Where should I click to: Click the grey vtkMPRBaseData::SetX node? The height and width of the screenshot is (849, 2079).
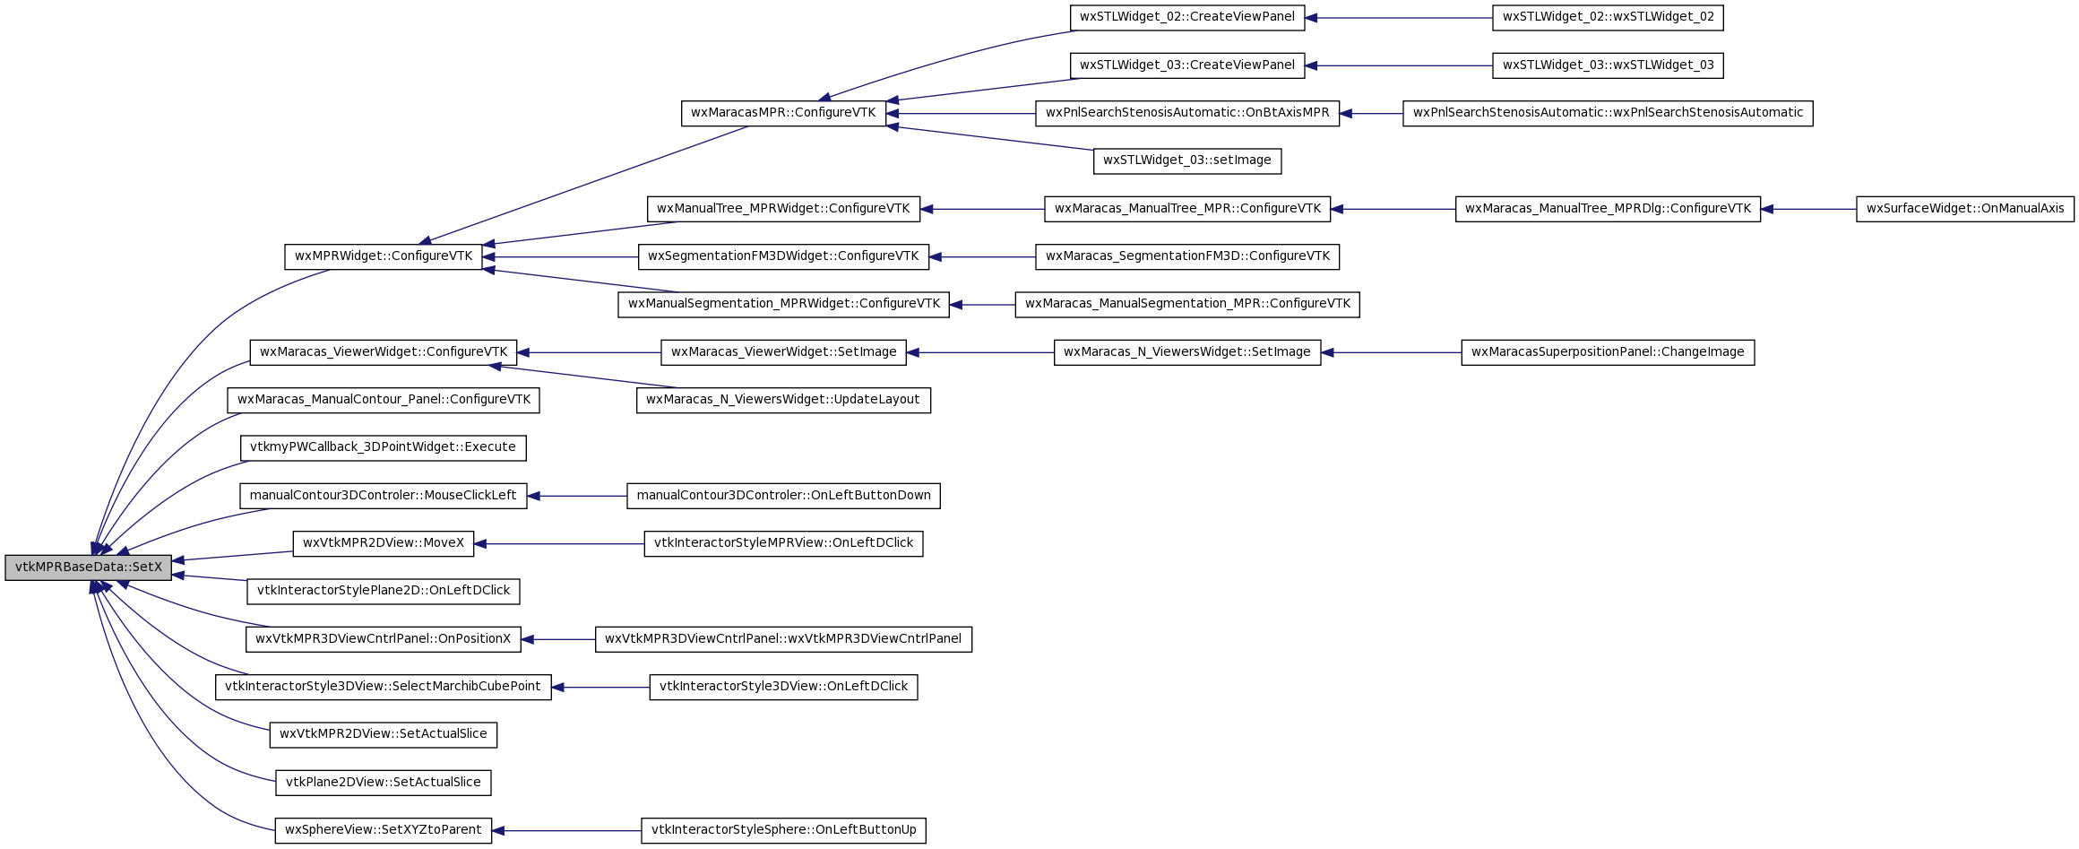click(88, 567)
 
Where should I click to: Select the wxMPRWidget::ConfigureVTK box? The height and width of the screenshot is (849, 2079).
click(384, 256)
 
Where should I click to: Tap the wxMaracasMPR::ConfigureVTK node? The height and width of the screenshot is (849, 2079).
click(783, 113)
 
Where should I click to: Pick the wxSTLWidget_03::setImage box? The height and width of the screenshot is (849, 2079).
click(1187, 161)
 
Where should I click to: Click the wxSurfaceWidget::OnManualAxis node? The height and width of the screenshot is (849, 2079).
click(1965, 209)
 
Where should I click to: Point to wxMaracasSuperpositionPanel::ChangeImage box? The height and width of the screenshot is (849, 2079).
click(1608, 352)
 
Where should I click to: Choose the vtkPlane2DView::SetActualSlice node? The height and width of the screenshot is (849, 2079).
click(383, 783)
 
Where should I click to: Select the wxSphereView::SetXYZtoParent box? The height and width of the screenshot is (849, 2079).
click(384, 830)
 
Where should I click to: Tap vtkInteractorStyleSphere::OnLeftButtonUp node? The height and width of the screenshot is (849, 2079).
click(783, 830)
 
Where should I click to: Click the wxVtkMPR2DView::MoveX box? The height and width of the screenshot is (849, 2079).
click(384, 543)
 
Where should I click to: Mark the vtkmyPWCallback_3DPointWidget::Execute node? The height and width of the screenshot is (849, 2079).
click(383, 447)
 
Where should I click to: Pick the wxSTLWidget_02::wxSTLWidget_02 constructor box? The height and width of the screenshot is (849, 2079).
click(1608, 17)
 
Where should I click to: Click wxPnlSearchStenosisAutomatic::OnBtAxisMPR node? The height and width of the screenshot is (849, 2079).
click(1187, 113)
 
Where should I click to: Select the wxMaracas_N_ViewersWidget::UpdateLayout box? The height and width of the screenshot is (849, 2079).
click(783, 400)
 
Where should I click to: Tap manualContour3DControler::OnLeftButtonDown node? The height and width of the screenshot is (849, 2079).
click(783, 496)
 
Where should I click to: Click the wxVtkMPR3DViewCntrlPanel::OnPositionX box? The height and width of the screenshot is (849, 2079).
click(383, 639)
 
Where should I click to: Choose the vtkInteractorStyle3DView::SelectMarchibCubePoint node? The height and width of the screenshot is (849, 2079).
click(383, 687)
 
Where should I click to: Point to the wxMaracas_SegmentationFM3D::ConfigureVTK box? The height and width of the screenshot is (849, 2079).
click(1187, 256)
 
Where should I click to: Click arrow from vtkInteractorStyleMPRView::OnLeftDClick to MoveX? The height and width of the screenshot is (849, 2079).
click(559, 543)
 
